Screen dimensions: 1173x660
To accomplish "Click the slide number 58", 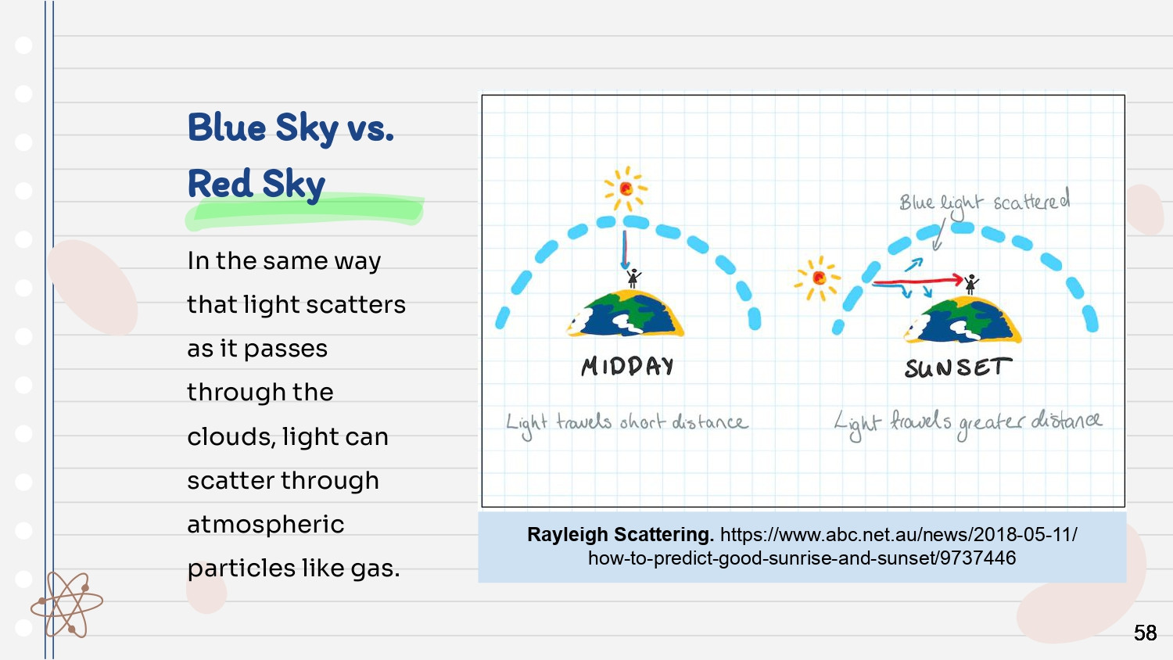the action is (1145, 633).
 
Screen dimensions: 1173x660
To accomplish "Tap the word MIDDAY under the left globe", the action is (627, 366).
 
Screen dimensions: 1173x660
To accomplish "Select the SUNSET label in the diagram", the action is (958, 368).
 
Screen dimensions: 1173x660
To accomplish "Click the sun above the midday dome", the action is (626, 188).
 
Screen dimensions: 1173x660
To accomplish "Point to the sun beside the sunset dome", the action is (818, 278).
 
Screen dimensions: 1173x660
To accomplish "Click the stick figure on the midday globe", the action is (633, 278).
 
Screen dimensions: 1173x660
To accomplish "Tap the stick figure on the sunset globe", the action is (971, 285).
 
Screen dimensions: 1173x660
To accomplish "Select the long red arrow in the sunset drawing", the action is (917, 282).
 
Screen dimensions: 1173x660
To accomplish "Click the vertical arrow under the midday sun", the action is (624, 250).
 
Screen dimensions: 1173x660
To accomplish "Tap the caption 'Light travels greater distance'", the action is (968, 423).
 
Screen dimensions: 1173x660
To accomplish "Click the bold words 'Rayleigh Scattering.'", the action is (621, 535).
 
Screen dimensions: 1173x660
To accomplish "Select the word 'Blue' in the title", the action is (227, 127).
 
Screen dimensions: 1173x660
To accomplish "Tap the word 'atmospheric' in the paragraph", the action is (266, 525).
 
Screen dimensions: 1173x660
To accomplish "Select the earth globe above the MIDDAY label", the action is (626, 314).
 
